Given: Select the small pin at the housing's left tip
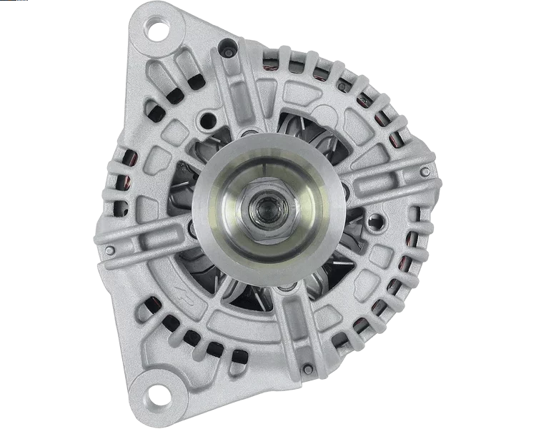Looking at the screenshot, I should pyautogui.click(x=109, y=250).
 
